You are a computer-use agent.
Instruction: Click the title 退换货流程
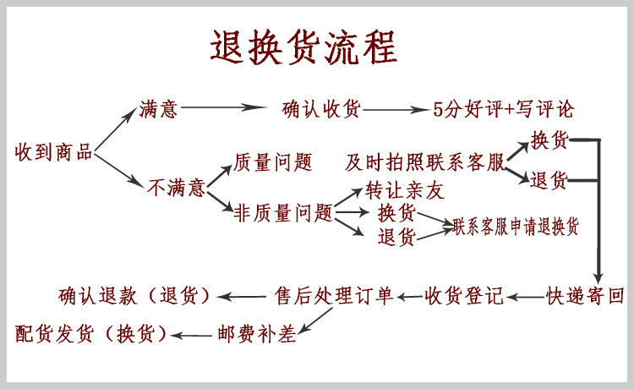[x=303, y=47]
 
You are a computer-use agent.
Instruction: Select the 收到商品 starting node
[x=53, y=153]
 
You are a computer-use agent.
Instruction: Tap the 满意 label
[x=159, y=109]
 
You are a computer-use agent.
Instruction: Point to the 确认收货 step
[x=321, y=109]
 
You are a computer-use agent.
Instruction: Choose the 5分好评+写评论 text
[x=503, y=109]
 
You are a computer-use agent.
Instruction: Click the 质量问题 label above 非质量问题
[x=272, y=162]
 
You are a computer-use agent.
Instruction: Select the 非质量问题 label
[x=283, y=213]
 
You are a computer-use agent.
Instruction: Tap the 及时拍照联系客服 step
[x=424, y=162]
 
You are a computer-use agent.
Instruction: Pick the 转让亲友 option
[x=404, y=190]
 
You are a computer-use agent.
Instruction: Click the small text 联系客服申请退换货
[x=516, y=227]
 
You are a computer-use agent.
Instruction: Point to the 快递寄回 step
[x=585, y=296]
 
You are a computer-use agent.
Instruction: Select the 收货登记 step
[x=464, y=296]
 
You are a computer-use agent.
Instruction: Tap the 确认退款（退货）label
[x=134, y=296]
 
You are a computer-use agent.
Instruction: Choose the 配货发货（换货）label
[x=91, y=333]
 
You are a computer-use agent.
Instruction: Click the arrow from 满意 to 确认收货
[x=224, y=108]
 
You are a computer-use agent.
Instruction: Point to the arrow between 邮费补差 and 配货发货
[x=195, y=333]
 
